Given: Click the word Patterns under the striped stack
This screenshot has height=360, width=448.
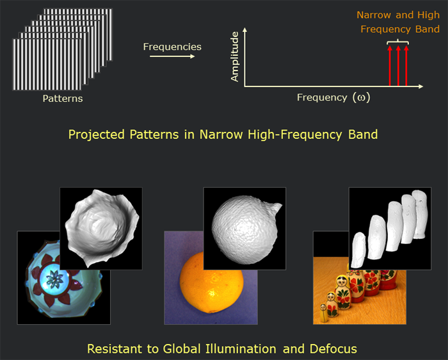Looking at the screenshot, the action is pyautogui.click(x=63, y=99).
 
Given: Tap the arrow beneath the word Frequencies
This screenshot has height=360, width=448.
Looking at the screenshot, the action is pyautogui.click(x=172, y=56).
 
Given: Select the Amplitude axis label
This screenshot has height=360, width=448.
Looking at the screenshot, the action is pyautogui.click(x=235, y=56).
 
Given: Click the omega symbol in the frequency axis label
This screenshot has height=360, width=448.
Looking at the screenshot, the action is pyautogui.click(x=361, y=98).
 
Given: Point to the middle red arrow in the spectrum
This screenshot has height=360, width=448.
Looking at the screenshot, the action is pyautogui.click(x=398, y=65).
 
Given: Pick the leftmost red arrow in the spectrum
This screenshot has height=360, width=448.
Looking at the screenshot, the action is pyautogui.click(x=390, y=65).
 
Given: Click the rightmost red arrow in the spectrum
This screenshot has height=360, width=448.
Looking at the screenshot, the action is pyautogui.click(x=406, y=65).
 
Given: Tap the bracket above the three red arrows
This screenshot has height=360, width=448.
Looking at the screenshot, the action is pyautogui.click(x=397, y=42).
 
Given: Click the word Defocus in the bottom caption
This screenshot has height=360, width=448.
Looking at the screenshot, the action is pyautogui.click(x=333, y=349).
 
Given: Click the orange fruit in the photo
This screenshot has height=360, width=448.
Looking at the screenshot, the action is pyautogui.click(x=212, y=283).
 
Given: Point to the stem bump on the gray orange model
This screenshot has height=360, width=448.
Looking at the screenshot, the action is pyautogui.click(x=275, y=209).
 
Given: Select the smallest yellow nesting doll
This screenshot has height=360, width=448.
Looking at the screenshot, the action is pyautogui.click(x=324, y=313).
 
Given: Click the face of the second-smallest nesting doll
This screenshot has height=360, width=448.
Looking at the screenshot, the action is pyautogui.click(x=331, y=298).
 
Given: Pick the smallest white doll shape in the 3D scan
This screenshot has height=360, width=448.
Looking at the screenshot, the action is pyautogui.click(x=358, y=250).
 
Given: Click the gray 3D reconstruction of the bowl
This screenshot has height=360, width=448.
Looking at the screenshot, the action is pyautogui.click(x=102, y=227).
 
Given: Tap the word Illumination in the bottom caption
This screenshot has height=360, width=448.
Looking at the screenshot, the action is pyautogui.click(x=241, y=349).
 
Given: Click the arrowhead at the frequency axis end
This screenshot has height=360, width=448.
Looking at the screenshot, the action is pyautogui.click(x=421, y=86).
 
